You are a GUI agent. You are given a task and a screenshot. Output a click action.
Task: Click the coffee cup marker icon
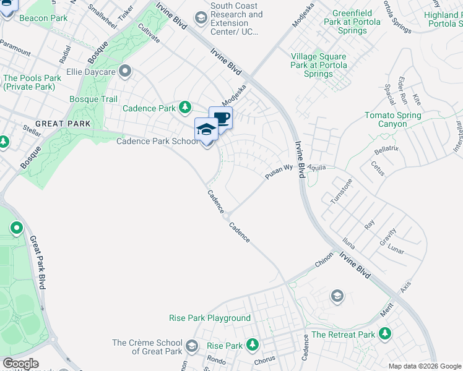[x=220, y=117]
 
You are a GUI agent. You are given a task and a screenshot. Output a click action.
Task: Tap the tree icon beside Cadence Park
[x=184, y=108]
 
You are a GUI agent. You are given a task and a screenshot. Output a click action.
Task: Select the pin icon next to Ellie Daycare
[x=126, y=71]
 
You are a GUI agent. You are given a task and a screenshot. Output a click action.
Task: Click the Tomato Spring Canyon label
[x=393, y=120]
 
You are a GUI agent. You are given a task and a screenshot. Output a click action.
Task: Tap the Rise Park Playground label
[x=210, y=318]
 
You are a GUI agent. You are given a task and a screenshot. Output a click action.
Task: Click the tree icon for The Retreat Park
[x=385, y=335]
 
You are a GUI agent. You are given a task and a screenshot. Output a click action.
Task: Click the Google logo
[x=20, y=364]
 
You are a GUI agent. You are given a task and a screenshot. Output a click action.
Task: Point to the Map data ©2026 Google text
[x=424, y=366]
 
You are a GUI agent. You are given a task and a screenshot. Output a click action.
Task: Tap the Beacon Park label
[x=43, y=19]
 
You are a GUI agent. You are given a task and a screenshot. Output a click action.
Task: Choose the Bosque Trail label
[x=93, y=99]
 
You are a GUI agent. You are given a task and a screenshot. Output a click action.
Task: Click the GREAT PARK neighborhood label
[x=63, y=124]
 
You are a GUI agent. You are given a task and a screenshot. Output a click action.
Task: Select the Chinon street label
[x=324, y=259]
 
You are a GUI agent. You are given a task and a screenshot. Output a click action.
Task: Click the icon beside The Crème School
[x=191, y=346]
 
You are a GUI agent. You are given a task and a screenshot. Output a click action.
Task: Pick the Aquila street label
[x=314, y=168]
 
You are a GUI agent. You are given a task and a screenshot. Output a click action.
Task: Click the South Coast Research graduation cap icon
[x=201, y=19]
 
